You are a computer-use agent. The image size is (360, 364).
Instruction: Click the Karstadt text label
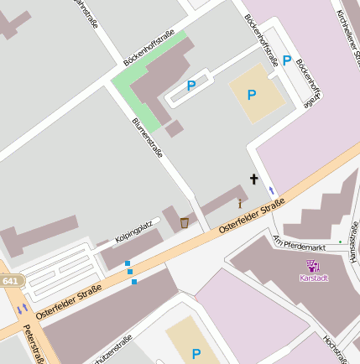coord(313,278)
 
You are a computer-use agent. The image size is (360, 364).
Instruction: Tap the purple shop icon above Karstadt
coord(313,266)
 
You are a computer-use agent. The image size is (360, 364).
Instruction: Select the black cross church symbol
coord(254,179)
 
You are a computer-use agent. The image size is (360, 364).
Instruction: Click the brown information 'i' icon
coord(240,203)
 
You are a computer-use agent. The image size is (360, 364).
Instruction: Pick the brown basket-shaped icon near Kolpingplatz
coord(184,222)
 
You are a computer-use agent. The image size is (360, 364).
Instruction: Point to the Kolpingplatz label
coord(133,226)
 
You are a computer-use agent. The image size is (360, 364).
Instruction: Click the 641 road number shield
coord(8,282)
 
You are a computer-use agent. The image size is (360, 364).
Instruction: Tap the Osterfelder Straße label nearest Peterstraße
coord(69,302)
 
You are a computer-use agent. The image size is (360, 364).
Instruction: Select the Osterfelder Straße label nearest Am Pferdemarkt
coord(252,216)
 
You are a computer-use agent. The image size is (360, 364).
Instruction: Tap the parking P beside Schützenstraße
coord(196,353)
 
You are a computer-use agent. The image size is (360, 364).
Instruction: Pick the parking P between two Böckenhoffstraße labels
coord(287,60)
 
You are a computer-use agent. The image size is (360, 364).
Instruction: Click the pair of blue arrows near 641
coord(21,309)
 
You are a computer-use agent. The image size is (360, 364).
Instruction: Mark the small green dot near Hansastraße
coord(340,242)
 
